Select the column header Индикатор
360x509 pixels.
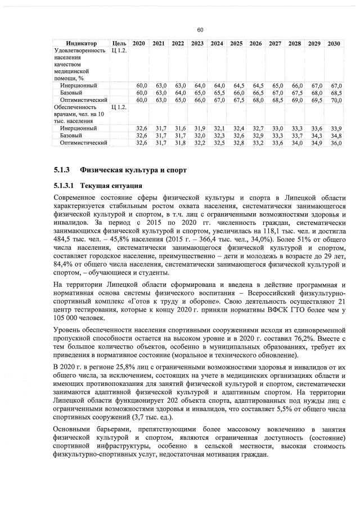click(80, 43)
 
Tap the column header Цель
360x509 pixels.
click(119, 43)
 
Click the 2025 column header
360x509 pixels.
click(237, 43)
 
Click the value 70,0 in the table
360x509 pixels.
click(336, 100)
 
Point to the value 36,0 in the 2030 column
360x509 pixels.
click(336, 143)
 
